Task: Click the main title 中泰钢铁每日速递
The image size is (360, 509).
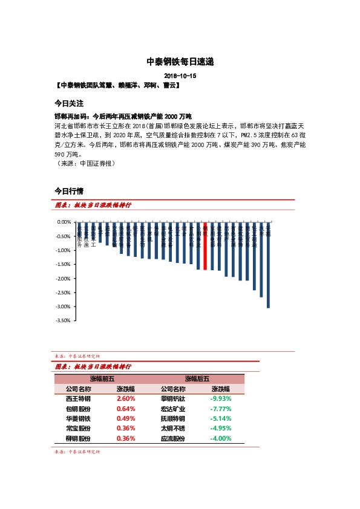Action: pyautogui.click(x=180, y=62)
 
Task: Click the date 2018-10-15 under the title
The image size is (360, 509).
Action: pyautogui.click(x=180, y=76)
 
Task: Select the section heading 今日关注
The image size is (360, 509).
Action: pyautogui.click(x=68, y=103)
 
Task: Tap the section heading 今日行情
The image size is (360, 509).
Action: pyautogui.click(x=68, y=191)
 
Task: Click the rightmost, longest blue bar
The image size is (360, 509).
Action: pyautogui.click(x=268, y=266)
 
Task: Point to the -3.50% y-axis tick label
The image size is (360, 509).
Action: pyautogui.click(x=62, y=322)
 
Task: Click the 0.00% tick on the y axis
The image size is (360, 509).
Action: pyautogui.click(x=64, y=222)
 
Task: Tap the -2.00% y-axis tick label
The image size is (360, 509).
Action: pyautogui.click(x=62, y=279)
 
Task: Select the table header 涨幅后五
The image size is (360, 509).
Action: pyautogui.click(x=198, y=379)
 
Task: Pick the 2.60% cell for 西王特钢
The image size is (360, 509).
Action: pyautogui.click(x=126, y=399)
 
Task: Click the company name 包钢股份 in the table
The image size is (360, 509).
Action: pyautogui.click(x=78, y=409)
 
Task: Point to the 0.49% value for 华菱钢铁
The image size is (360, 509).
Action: pyautogui.click(x=126, y=418)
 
